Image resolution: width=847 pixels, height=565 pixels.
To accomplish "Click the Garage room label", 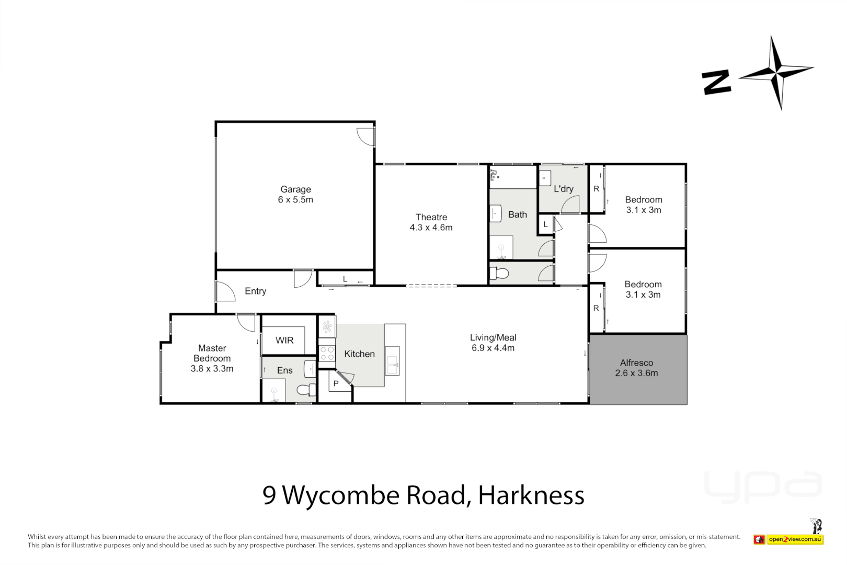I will (295, 189).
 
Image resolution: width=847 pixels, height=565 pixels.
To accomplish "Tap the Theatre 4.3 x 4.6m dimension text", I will (431, 228).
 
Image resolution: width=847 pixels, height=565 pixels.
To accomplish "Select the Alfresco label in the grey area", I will (636, 363).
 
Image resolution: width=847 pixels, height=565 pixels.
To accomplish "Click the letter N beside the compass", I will (716, 83).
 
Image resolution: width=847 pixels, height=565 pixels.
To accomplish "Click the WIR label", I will (284, 341).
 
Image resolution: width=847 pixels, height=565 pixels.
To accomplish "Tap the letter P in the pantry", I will (336, 383).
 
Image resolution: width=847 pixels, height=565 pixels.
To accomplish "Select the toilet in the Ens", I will (306, 390).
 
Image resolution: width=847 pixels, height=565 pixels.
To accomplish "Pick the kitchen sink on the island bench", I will (392, 361).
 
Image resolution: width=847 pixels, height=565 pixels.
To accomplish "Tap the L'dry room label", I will (563, 189).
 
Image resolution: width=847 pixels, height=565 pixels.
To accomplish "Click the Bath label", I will (517, 214).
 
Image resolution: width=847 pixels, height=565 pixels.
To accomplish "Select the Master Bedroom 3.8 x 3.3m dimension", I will (212, 369).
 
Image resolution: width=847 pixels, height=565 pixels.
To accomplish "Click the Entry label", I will (255, 291).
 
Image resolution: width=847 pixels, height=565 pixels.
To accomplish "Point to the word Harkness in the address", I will (531, 495).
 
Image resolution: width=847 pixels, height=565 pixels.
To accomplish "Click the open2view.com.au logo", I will (794, 539).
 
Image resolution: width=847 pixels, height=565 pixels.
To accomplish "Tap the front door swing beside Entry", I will (225, 291).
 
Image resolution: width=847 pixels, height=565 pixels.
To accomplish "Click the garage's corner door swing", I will (365, 136).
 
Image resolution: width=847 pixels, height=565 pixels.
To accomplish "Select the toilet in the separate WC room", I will (499, 273).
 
